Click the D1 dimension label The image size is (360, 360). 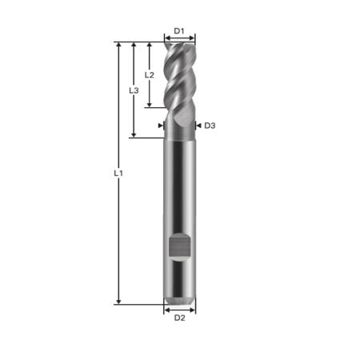click(179, 31)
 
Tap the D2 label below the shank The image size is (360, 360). click(179, 318)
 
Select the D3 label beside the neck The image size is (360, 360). click(210, 126)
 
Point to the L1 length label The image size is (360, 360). click(118, 172)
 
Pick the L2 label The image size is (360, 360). click(149, 74)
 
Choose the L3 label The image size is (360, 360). click(134, 90)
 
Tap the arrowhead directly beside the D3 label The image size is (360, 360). click(198, 126)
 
